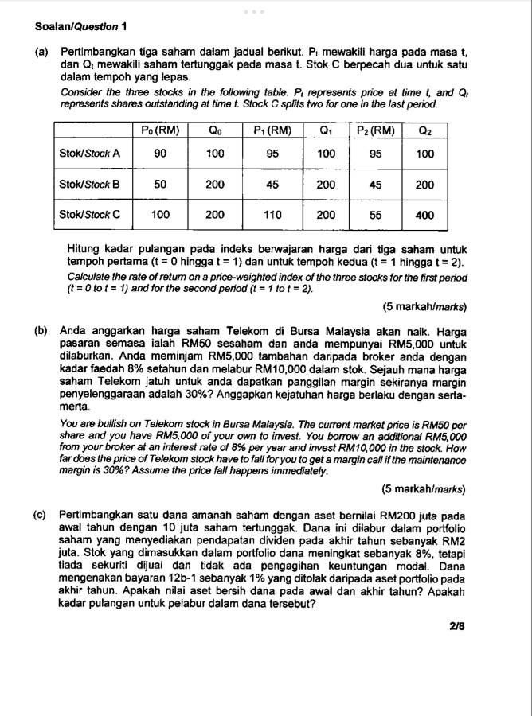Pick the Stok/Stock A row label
coord(90,154)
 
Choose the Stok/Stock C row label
coord(90,214)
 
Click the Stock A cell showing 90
coord(160,154)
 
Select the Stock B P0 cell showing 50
coord(160,185)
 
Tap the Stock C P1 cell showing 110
coord(272,214)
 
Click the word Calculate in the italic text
coord(90,278)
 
